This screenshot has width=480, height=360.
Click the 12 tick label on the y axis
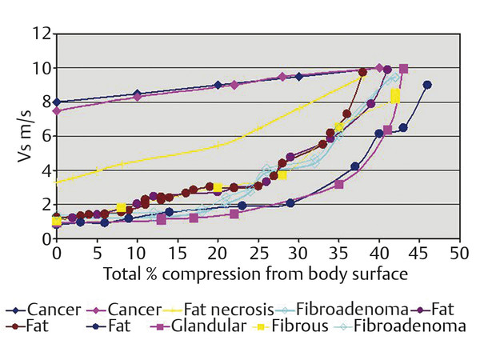click(x=41, y=34)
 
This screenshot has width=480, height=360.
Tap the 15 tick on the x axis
click(x=177, y=239)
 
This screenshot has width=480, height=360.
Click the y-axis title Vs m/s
click(x=23, y=136)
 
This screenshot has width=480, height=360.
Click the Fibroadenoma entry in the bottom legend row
click(x=413, y=326)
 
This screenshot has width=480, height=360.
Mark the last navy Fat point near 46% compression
click(x=427, y=85)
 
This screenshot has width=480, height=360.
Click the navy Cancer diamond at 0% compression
click(x=56, y=102)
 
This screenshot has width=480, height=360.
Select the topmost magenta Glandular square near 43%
click(x=403, y=69)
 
